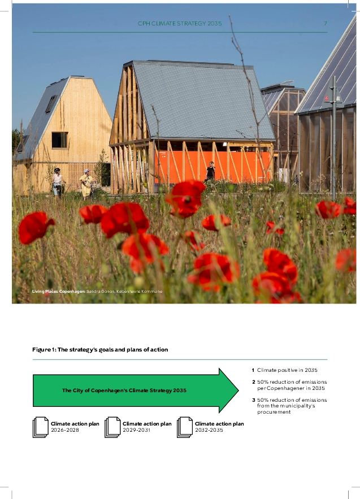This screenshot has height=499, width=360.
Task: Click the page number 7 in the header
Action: point(325,24)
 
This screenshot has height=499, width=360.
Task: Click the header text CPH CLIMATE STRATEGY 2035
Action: point(180,24)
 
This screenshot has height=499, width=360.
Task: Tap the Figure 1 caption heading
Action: point(100,350)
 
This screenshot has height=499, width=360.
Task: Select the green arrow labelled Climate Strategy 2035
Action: point(136,390)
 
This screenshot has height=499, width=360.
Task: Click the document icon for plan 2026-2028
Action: point(41,427)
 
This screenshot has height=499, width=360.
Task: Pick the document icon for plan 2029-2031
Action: point(112,427)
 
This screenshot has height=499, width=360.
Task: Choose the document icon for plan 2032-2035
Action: point(185,427)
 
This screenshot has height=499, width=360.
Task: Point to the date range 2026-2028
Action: point(65,431)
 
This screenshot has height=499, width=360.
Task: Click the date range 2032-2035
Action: point(209,431)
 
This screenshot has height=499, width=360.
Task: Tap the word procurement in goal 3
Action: point(274,412)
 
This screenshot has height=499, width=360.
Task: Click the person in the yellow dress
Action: point(86,184)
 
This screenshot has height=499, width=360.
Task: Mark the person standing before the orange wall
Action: point(211,170)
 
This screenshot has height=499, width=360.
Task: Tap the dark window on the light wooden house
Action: point(59,140)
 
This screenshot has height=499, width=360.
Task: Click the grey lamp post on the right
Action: point(334,141)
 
